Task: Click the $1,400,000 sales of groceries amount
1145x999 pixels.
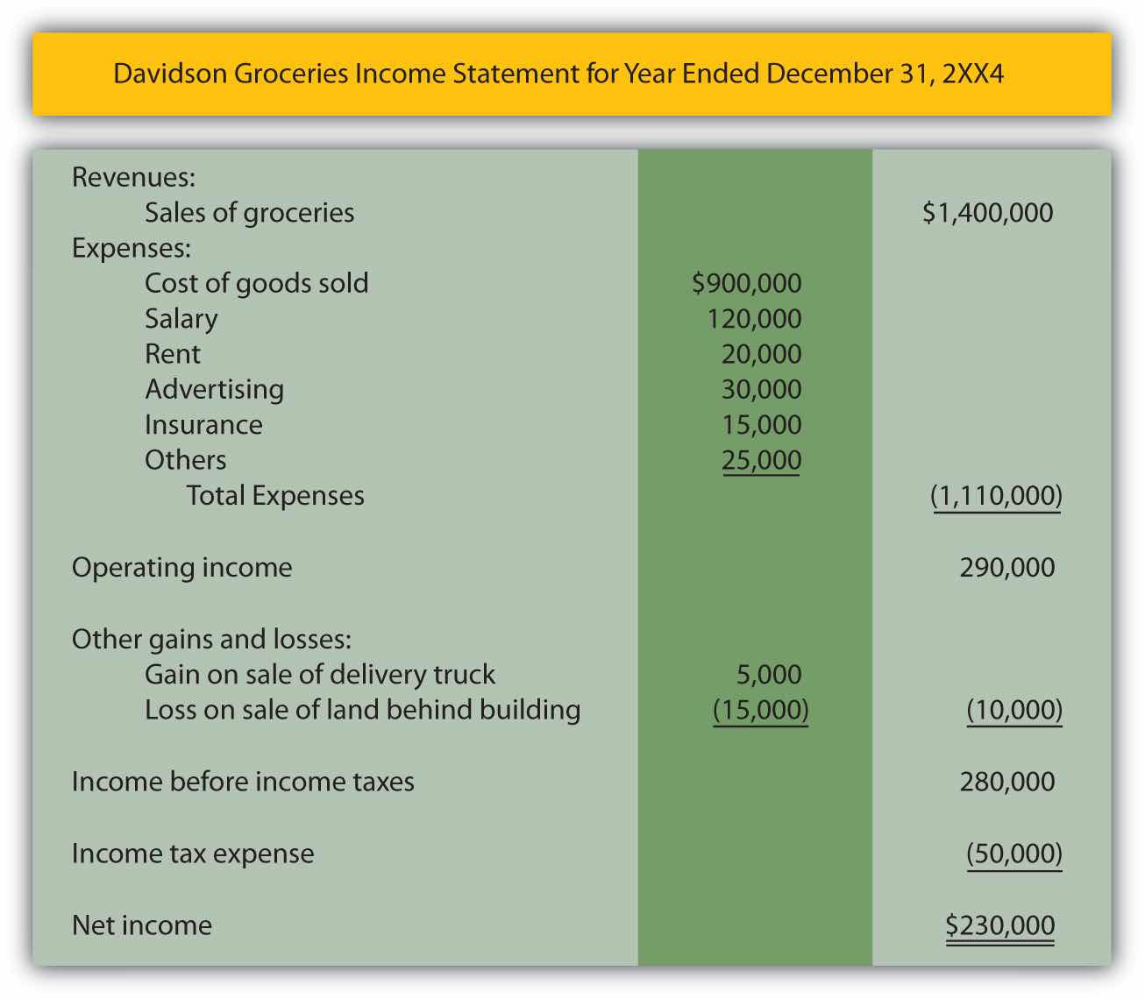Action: coord(987,213)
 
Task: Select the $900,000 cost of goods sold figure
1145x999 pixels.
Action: coord(746,283)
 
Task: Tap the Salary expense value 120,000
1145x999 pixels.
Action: coord(754,319)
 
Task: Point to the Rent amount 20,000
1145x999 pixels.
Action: coord(761,354)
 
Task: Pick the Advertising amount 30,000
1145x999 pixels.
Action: coord(761,389)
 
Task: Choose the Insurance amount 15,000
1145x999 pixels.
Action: coord(761,425)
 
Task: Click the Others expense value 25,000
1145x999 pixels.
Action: coord(761,460)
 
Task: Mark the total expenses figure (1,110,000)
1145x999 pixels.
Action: coord(996,496)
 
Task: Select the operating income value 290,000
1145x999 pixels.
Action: coord(1006,568)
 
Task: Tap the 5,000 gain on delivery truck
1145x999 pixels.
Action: coord(769,675)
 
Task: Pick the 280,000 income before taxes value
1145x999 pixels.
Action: coord(1006,782)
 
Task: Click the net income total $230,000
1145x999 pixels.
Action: coord(999,925)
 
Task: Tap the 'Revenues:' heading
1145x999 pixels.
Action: coord(133,178)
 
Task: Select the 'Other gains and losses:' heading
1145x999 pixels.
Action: coord(211,639)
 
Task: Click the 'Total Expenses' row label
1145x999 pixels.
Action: coord(275,496)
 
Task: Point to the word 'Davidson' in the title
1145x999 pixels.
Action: coord(170,73)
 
